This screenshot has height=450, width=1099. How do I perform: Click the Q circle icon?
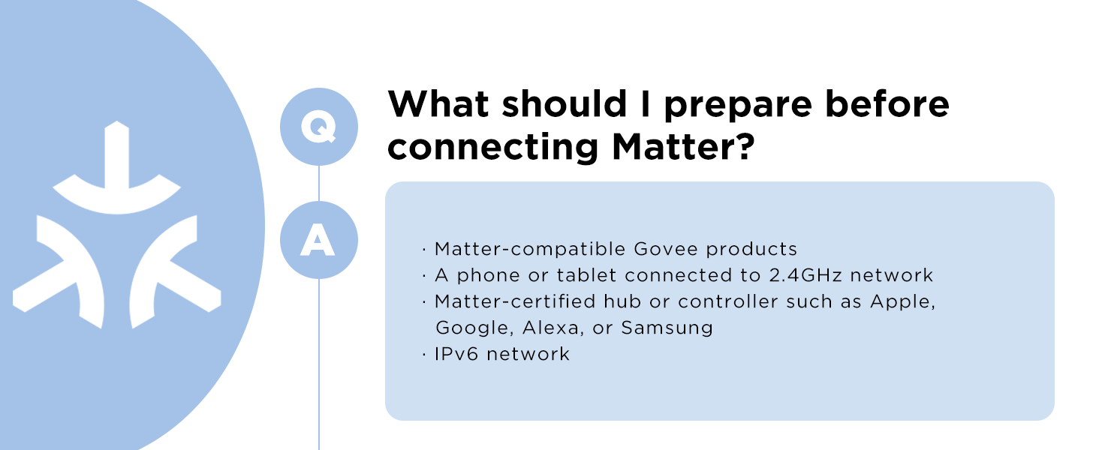point(319,127)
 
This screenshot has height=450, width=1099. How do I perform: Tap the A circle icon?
point(319,240)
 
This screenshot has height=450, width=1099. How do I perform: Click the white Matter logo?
point(117,224)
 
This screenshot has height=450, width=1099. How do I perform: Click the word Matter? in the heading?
point(683,147)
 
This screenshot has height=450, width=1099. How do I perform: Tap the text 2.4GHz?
point(805,275)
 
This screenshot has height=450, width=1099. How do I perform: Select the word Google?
point(472,328)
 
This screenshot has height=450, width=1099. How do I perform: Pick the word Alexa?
point(550,328)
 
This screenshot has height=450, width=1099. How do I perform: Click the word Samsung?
point(667,328)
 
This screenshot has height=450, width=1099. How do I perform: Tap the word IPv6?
point(456,354)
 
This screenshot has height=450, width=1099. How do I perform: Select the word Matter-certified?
point(515,301)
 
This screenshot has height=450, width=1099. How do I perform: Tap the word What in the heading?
point(438,104)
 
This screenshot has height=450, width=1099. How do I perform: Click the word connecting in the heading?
point(493,148)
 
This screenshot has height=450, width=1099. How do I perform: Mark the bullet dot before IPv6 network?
point(424,355)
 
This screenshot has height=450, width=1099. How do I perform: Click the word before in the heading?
point(887,104)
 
